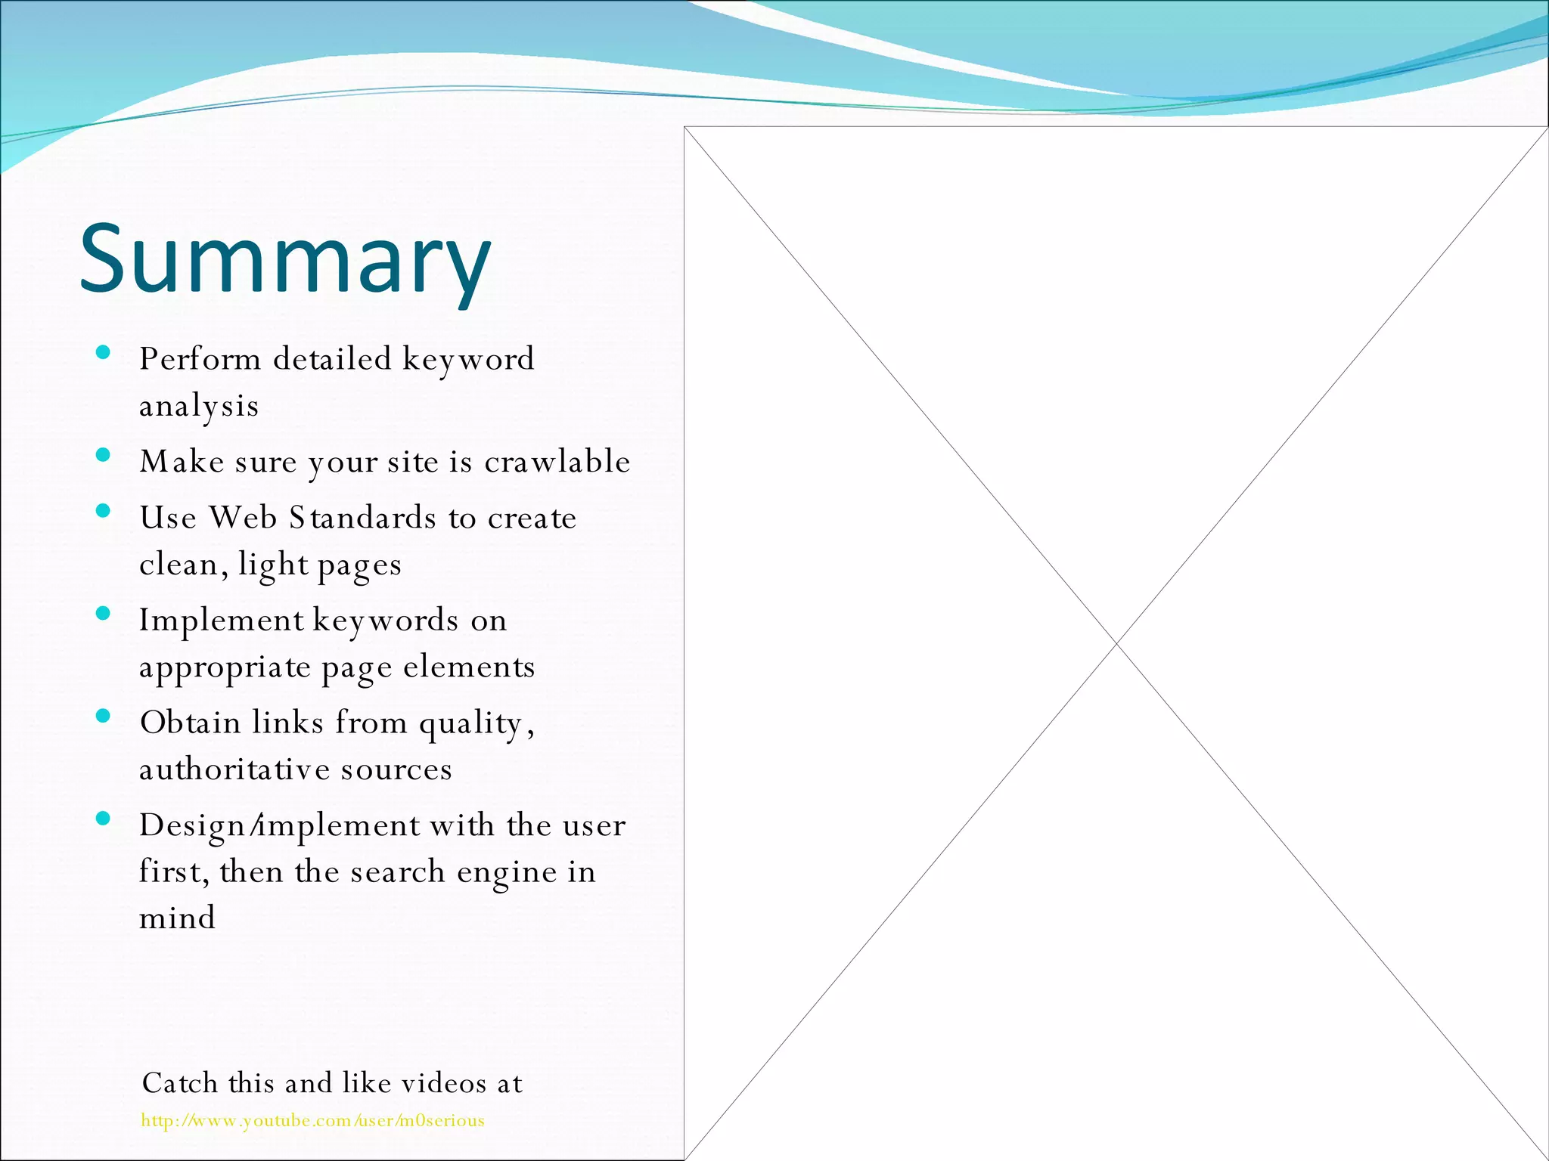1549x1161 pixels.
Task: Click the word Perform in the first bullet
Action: point(200,359)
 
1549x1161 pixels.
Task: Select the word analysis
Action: point(199,407)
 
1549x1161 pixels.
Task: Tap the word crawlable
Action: point(557,462)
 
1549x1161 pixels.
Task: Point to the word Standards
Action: point(362,518)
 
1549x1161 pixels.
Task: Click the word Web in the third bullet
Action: point(243,518)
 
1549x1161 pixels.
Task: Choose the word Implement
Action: point(221,621)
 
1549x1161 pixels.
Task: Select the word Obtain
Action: point(190,723)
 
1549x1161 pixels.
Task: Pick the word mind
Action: point(177,918)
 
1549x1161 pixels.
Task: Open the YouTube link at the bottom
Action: point(312,1120)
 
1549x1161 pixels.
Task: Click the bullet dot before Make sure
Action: point(104,455)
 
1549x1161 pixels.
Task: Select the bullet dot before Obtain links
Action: point(104,716)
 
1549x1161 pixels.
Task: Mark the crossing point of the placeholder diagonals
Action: point(1116,643)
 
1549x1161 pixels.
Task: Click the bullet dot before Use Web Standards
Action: point(104,511)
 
